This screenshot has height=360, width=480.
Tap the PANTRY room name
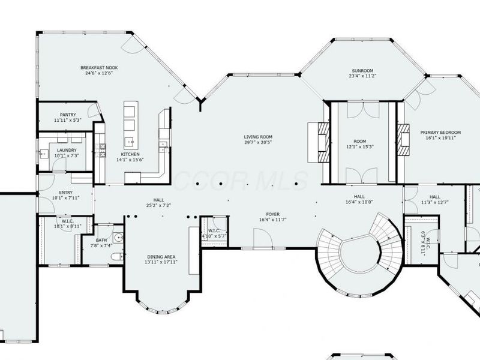click(67, 115)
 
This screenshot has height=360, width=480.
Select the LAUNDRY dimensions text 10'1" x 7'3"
click(67, 156)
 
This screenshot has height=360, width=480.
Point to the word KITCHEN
click(130, 154)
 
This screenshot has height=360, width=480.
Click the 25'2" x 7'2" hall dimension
click(158, 206)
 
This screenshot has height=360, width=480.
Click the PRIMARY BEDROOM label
click(440, 132)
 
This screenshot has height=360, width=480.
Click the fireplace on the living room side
click(319, 142)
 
